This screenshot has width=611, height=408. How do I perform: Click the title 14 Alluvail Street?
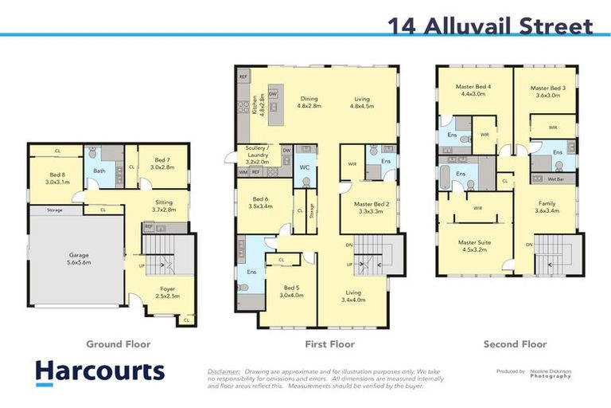(x=490, y=25)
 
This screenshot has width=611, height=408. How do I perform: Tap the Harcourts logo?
(x=99, y=372)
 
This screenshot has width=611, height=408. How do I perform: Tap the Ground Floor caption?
(x=118, y=344)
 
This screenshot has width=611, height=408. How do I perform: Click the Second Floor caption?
(x=515, y=344)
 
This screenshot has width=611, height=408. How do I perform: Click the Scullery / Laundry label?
(x=257, y=155)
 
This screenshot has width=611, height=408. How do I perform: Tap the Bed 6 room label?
(x=261, y=202)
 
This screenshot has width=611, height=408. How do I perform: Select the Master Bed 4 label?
(x=473, y=91)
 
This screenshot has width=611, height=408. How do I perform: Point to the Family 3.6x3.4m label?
(x=547, y=207)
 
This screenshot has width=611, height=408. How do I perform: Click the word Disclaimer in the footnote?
(x=224, y=371)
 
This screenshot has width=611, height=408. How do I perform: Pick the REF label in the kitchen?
(x=243, y=76)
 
